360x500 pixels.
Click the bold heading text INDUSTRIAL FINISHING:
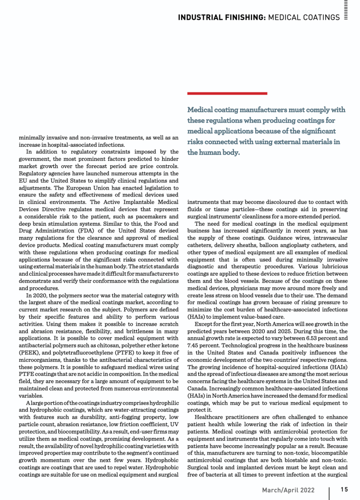[222, 18]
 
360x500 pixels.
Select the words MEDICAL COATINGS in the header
[305, 18]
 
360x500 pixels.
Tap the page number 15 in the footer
[344, 489]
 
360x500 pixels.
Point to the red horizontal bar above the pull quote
[227, 93]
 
